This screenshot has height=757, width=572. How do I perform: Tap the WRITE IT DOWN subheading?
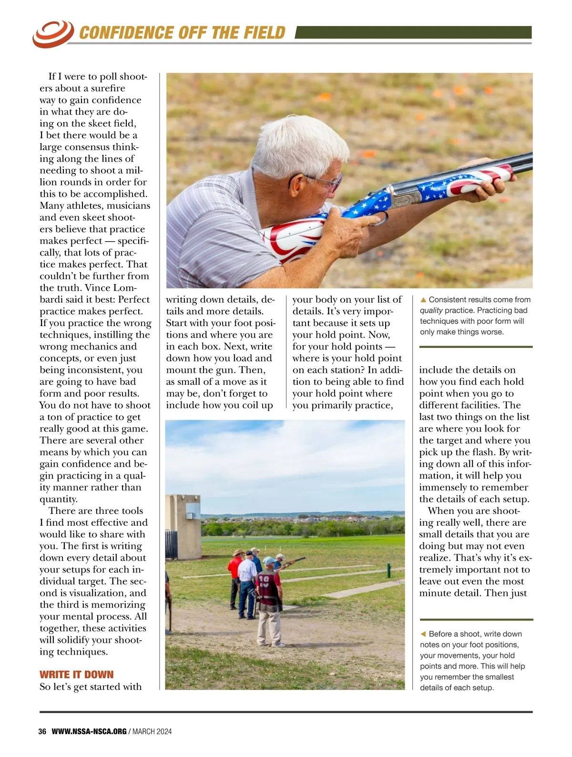(x=77, y=675)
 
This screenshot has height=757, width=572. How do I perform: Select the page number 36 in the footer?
(x=42, y=731)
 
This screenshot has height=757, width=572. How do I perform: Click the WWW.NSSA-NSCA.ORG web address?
(x=89, y=731)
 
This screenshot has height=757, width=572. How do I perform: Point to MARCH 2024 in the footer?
(x=152, y=731)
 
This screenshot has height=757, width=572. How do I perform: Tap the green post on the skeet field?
(x=388, y=570)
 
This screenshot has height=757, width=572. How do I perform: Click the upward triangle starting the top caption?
(x=423, y=300)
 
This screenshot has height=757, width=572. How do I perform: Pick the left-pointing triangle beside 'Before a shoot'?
(x=423, y=634)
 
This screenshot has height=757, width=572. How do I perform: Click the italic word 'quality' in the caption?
(x=431, y=310)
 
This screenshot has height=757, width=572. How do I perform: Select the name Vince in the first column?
(x=97, y=288)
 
